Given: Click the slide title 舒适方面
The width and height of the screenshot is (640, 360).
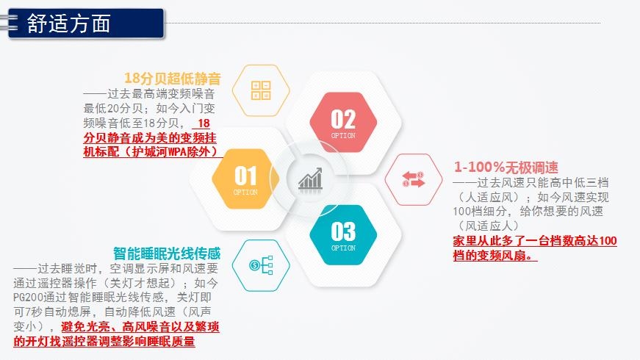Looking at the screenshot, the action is pos(68,24).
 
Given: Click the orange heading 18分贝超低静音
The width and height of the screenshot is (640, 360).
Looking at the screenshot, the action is pos(172,78).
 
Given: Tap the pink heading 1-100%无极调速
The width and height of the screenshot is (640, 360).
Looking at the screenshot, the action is pos(506,167).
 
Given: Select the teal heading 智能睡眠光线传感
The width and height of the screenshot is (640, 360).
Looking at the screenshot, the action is pos(167,253).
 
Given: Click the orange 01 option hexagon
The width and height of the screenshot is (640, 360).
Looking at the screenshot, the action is pos(245,179).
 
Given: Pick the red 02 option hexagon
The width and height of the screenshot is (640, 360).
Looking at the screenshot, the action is pos(343,122).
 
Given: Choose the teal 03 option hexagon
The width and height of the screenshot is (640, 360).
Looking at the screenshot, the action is pos(343,234).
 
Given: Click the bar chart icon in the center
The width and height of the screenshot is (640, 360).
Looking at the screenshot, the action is pos(310,179).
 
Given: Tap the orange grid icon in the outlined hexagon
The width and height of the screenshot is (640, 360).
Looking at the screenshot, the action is pos(261,90).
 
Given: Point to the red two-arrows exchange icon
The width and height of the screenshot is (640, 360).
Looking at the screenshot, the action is pos(414,179).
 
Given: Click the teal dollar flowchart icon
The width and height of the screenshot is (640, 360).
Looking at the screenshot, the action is pos(261,265).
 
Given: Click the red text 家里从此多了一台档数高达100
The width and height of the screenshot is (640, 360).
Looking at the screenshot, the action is pos(535,241).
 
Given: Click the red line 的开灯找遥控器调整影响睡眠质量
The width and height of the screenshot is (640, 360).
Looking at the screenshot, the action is pos(104,341).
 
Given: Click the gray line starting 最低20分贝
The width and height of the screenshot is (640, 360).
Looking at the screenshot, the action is pos(149,108).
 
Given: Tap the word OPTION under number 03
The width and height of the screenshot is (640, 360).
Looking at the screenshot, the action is pos(343,248).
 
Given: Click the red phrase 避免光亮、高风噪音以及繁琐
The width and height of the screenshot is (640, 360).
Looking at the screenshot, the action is pos(140,326).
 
